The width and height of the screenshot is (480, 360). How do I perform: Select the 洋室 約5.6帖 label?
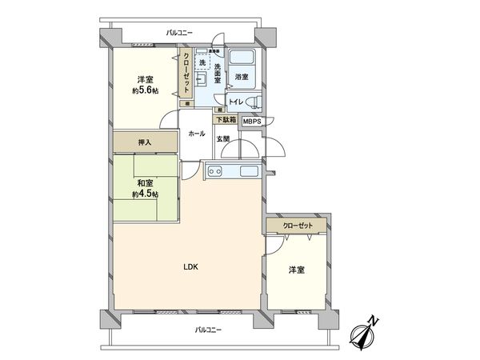(145, 84)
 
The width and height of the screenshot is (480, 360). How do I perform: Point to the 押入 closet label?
(145, 142)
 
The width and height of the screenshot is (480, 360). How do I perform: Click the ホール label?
(196, 134)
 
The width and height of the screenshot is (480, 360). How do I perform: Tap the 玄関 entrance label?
(222, 138)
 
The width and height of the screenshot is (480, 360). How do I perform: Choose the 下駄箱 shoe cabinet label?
(225, 120)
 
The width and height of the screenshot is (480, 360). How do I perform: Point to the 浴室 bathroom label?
(242, 78)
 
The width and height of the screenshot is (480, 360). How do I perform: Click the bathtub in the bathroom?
(242, 58)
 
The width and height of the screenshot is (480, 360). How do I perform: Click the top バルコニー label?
(180, 33)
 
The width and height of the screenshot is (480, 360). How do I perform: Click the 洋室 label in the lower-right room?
(296, 270)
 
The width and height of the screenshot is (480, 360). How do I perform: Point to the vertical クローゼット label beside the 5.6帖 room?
(186, 75)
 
